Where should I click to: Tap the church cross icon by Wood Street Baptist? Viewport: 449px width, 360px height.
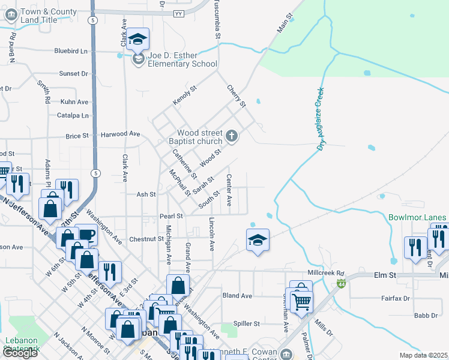click(x=232, y=136)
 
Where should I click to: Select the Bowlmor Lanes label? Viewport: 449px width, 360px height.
click(x=418, y=217)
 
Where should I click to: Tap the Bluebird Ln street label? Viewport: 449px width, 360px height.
click(x=71, y=52)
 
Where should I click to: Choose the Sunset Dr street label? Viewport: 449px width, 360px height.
click(x=73, y=74)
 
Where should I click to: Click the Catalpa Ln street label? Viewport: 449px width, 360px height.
click(x=73, y=115)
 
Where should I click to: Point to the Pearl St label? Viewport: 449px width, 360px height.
click(x=170, y=216)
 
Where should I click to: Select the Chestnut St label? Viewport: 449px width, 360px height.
click(x=146, y=239)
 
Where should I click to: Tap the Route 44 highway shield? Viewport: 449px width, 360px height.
click(x=342, y=283)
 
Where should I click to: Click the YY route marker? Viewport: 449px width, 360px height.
click(x=178, y=13)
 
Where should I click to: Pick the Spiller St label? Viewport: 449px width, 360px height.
click(x=247, y=323)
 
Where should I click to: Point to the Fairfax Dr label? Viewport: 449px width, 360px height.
click(x=396, y=298)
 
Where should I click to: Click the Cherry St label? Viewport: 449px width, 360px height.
click(x=237, y=96)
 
